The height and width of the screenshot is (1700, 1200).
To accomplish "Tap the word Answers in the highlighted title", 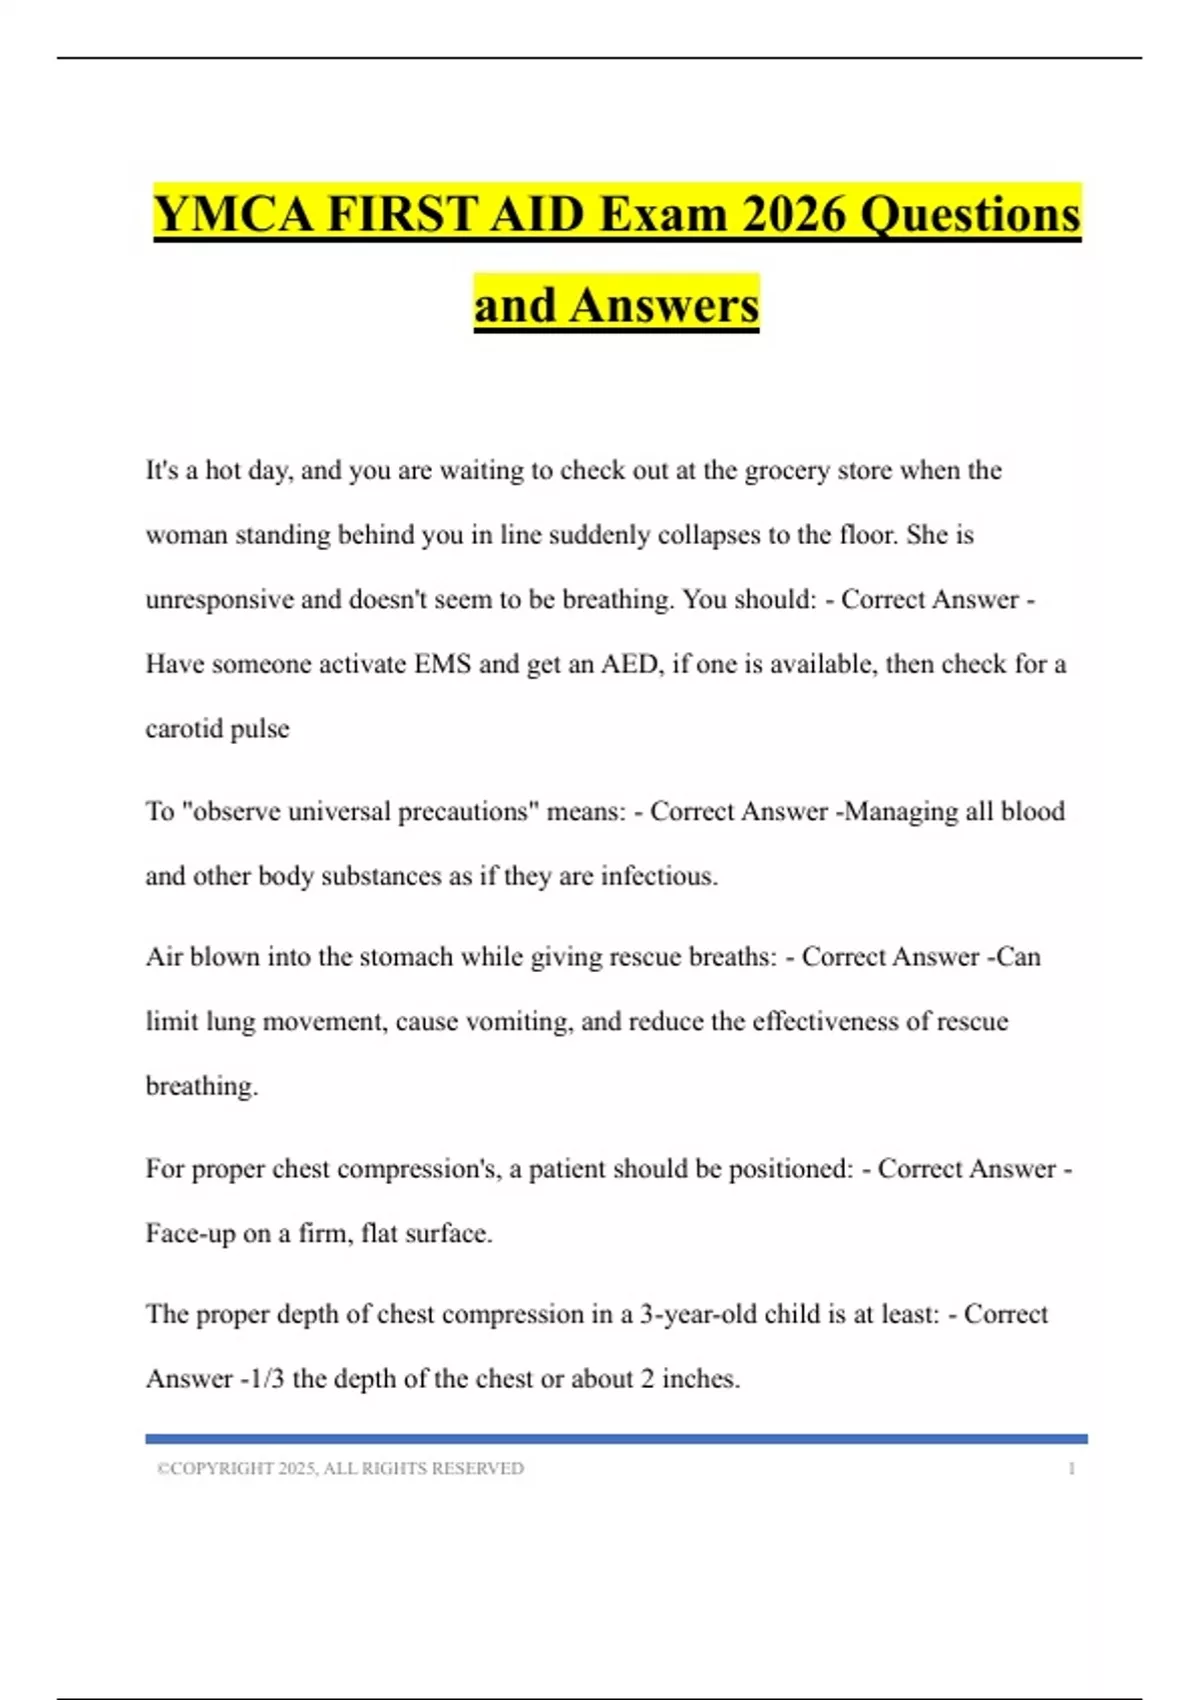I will coord(665,306).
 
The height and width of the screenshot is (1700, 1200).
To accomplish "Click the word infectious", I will coord(658,876).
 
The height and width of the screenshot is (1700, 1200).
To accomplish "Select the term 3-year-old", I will coord(698,1314).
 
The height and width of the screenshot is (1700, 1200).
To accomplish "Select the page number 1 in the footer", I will coord(1072,1469).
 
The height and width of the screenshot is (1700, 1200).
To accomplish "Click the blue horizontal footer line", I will coord(616,1439).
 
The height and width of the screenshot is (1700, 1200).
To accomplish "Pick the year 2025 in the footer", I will coord(297,1469).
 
